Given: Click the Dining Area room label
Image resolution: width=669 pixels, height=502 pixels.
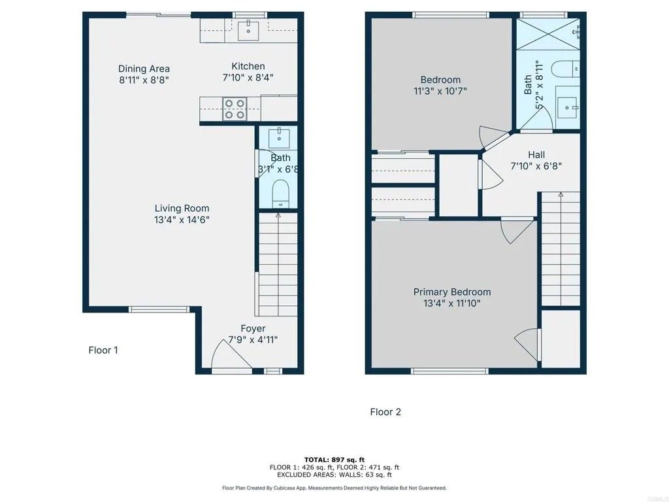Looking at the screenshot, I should [144, 69].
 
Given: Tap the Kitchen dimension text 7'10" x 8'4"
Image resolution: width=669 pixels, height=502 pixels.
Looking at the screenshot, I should [248, 77].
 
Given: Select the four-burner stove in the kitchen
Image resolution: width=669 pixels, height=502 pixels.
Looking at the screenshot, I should [235, 109].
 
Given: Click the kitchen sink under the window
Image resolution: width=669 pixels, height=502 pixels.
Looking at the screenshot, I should [248, 27].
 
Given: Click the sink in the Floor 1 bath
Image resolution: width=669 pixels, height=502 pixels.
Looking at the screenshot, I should [281, 137].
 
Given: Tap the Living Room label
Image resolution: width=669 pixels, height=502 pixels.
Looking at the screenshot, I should [182, 209].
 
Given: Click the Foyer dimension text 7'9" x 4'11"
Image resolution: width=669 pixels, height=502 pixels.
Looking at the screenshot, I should [252, 340].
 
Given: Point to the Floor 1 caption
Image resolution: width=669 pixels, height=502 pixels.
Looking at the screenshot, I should [103, 350].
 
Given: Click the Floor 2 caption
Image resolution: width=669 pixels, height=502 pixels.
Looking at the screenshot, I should [385, 412].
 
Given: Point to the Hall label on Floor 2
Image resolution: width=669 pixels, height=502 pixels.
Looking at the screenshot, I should [536, 155].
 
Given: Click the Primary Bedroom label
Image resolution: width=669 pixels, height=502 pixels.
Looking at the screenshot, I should [451, 292].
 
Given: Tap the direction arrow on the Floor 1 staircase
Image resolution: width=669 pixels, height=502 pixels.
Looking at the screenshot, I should [278, 216].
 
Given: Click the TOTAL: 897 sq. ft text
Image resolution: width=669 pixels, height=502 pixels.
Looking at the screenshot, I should [334, 459].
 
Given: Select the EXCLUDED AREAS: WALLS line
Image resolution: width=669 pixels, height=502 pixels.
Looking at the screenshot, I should [334, 475].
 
